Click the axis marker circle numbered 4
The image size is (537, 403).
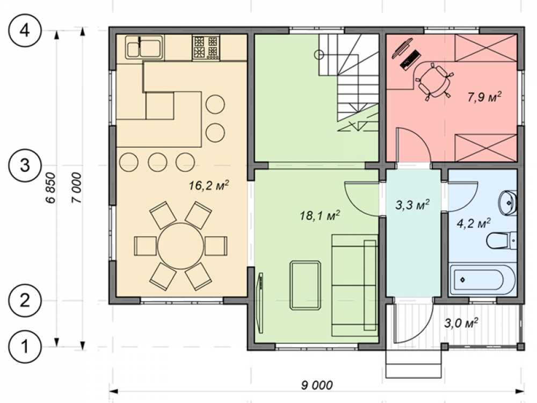[x=25, y=31]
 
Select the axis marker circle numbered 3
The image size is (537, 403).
[x=25, y=165]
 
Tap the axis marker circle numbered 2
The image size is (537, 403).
[x=25, y=301]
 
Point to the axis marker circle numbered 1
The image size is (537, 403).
[x=25, y=347]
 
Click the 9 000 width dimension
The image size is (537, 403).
[x=317, y=385]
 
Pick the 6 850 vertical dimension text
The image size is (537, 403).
[x=50, y=187]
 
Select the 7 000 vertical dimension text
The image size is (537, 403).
[x=77, y=188]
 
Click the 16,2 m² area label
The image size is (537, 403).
[x=209, y=186]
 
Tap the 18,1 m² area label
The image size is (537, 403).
[x=320, y=215]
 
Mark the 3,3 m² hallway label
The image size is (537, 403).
[x=412, y=205]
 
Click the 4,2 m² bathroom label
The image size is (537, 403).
[x=474, y=224]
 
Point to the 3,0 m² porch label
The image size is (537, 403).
[x=461, y=323]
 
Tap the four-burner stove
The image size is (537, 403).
[x=206, y=47]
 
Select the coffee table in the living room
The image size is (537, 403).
[x=306, y=285]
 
